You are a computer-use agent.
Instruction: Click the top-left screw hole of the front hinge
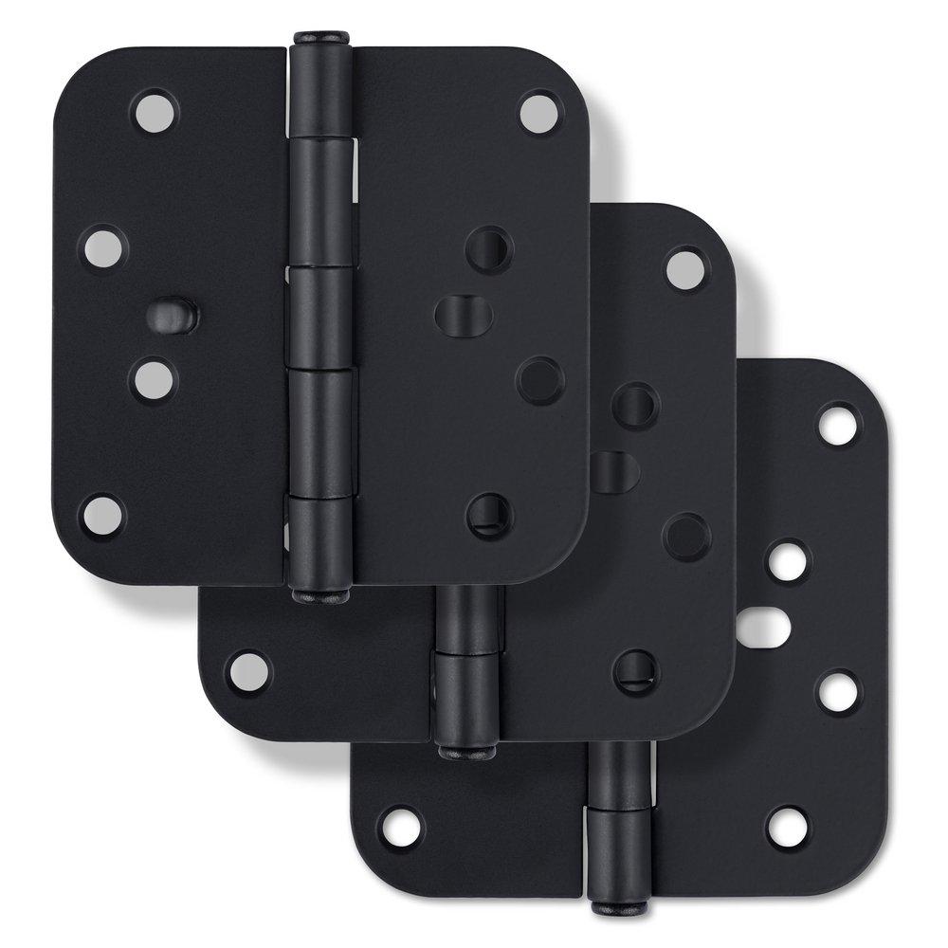(155, 111)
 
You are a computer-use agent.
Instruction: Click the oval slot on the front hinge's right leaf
(464, 315)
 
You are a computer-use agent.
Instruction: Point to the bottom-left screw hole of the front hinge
(101, 514)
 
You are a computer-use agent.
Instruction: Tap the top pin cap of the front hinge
(320, 39)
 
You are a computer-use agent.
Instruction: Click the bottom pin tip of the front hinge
(320, 596)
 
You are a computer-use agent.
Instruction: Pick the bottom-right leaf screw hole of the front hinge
(489, 515)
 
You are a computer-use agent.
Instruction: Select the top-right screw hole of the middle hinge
(685, 268)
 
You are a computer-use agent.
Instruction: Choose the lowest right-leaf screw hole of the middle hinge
(635, 672)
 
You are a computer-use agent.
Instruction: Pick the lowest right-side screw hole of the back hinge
(788, 827)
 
